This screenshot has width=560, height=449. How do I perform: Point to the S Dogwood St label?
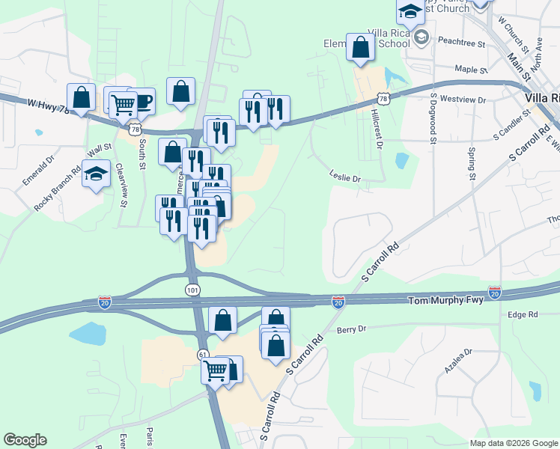(433, 117)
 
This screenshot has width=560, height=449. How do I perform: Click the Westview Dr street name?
(463, 99)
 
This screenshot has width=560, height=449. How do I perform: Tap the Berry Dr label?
(351, 329)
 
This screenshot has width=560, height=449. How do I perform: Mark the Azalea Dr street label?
(458, 361)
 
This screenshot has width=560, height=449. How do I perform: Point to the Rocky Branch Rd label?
(57, 189)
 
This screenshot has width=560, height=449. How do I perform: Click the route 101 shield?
(192, 289)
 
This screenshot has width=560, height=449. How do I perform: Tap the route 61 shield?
(203, 353)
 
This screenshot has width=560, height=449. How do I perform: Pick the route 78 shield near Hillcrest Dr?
(383, 98)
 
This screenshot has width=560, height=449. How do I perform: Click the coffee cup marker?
(141, 101)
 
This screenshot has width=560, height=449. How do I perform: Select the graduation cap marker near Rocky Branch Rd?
(95, 174)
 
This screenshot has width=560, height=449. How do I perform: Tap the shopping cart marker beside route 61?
(216, 369)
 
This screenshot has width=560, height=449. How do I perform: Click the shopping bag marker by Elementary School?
(361, 46)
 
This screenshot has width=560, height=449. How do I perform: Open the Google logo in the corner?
(25, 440)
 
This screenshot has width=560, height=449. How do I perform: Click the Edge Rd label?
(523, 315)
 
